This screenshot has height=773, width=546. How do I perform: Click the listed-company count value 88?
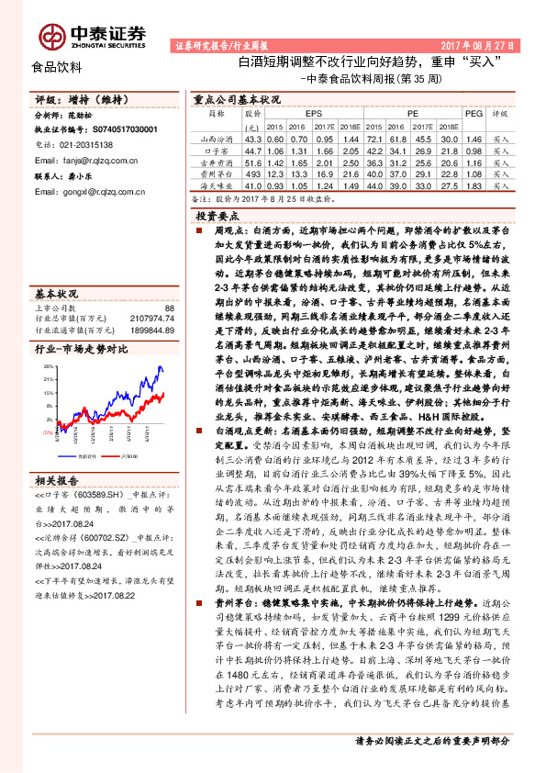(x=169, y=308)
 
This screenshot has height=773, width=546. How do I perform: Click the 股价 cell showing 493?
(x=252, y=173)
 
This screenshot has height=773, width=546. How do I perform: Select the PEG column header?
(x=474, y=115)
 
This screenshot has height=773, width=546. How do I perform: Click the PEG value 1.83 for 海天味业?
(x=474, y=185)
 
